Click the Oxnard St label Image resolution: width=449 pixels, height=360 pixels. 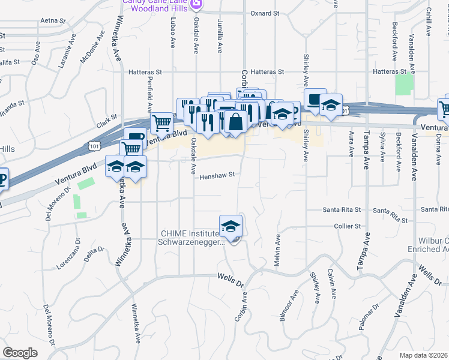(x=265, y=13)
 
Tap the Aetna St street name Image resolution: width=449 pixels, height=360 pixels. (x=52, y=20)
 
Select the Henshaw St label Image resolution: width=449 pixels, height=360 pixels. (x=216, y=176)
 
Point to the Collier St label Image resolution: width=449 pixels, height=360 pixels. (x=348, y=226)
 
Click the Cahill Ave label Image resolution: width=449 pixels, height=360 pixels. (x=429, y=22)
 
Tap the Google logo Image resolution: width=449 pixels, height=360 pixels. (x=20, y=352)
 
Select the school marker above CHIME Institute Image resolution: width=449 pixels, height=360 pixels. (x=231, y=226)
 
